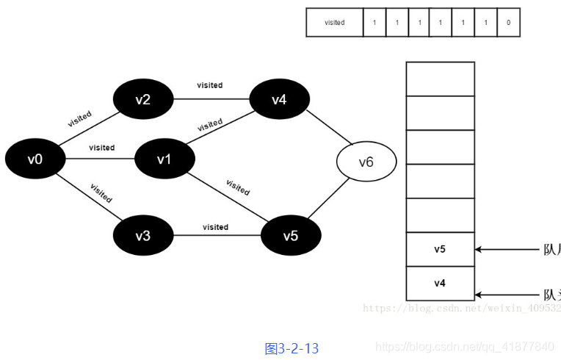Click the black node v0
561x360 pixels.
[35, 159]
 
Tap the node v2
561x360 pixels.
[143, 99]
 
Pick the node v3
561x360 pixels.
[143, 236]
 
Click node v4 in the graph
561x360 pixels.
[279, 99]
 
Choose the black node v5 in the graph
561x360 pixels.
[291, 236]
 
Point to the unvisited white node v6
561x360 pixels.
[366, 162]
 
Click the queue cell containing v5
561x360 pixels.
[440, 249]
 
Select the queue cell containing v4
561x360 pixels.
[440, 283]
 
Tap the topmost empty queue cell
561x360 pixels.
[440, 79]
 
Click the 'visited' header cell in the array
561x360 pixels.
[335, 23]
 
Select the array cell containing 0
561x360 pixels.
[508, 23]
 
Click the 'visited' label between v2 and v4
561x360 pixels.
[210, 85]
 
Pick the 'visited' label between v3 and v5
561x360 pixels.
[215, 227]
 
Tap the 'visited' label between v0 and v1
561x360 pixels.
[102, 148]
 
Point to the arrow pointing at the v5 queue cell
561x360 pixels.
[507, 249]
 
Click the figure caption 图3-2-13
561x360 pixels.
[292, 348]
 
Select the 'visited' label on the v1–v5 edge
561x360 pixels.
[238, 187]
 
